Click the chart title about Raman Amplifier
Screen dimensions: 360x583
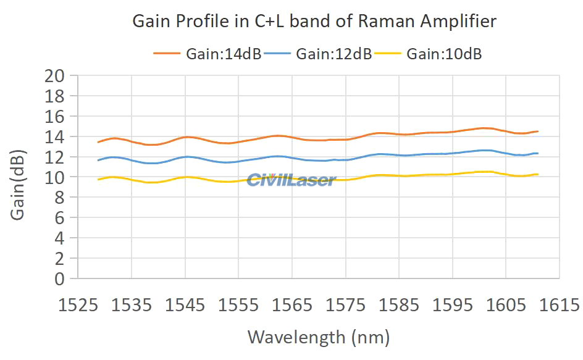click(x=314, y=22)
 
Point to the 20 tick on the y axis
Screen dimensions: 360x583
click(x=54, y=76)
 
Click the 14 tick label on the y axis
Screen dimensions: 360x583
click(x=54, y=136)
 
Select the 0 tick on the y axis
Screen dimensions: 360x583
click(x=59, y=278)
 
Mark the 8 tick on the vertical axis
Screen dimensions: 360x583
click(x=59, y=197)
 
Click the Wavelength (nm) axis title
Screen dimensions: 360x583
click(x=319, y=337)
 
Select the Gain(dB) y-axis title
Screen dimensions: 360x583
click(x=18, y=184)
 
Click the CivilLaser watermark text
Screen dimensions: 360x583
click(x=291, y=180)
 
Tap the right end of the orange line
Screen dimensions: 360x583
click(x=538, y=132)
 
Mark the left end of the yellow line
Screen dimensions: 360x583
click(x=98, y=179)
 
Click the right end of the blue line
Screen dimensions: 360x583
click(x=538, y=153)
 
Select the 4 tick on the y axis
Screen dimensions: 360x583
click(x=59, y=238)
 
